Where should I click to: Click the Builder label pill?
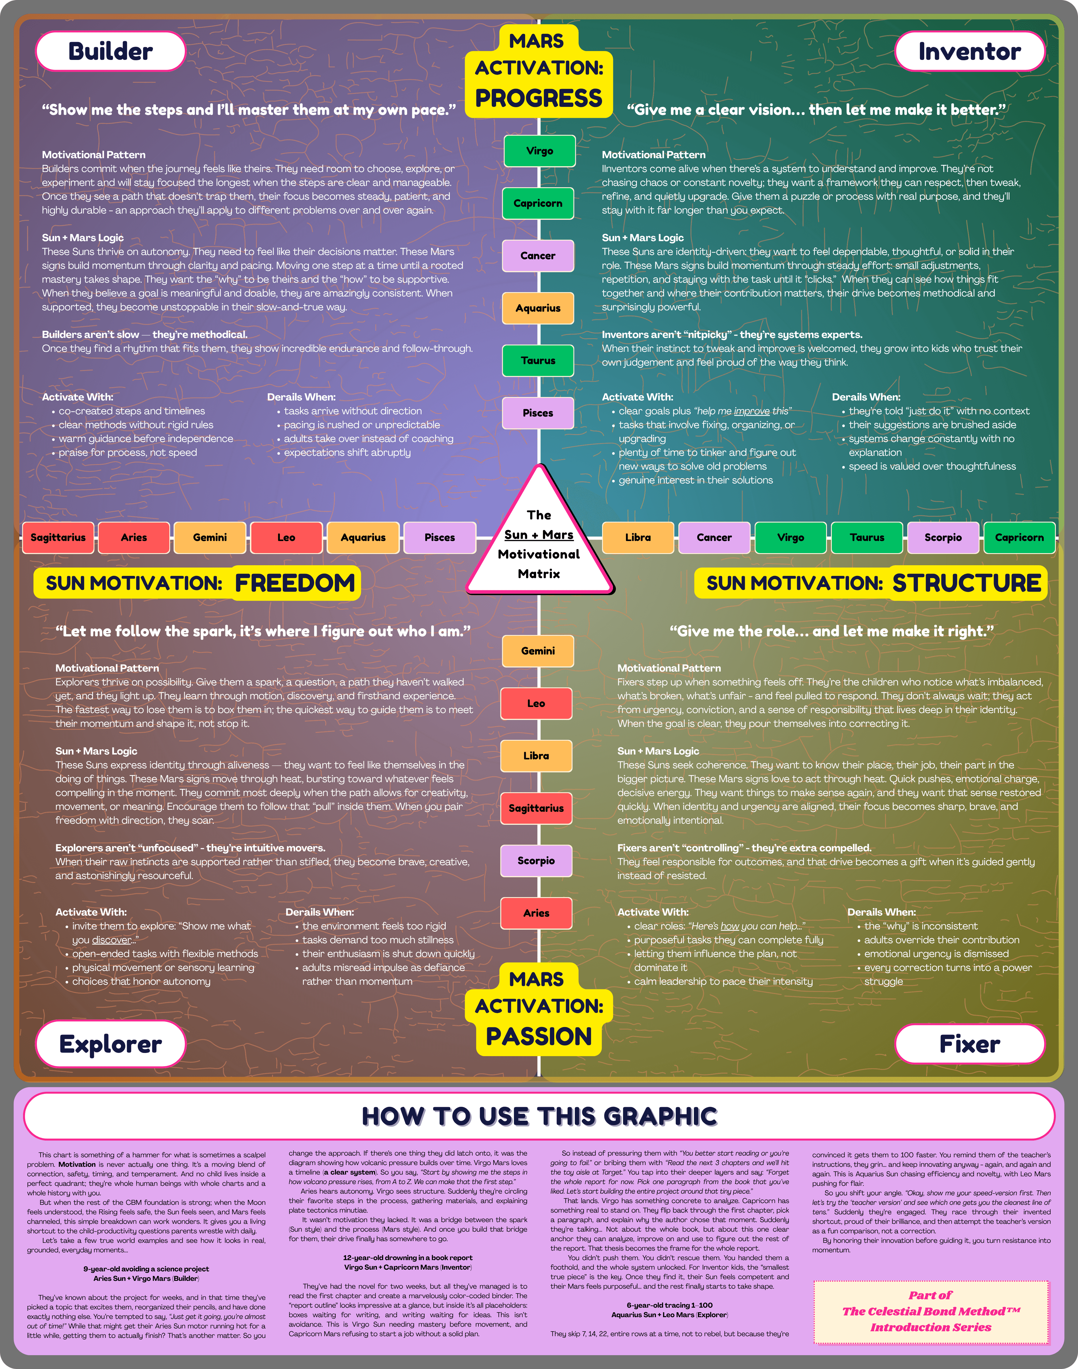click(x=111, y=51)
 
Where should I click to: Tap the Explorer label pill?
click(x=111, y=1044)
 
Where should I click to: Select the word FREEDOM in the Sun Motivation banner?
click(x=295, y=583)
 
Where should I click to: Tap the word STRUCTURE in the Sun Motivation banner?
click(x=966, y=583)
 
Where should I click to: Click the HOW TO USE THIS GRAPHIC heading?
click(x=539, y=1116)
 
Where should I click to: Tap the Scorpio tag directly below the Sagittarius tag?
click(x=536, y=861)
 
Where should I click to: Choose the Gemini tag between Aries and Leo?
click(x=210, y=537)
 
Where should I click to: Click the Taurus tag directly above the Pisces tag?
click(x=538, y=361)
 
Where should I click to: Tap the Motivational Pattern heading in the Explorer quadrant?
click(x=107, y=668)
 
